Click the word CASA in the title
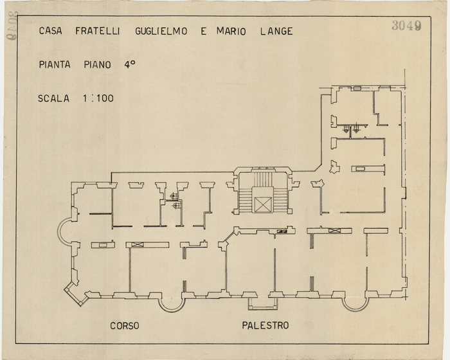coord(50,31)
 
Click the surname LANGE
coord(276,31)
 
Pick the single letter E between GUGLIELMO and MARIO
coord(204,31)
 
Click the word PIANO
coord(98,65)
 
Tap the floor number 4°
coord(130,64)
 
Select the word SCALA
coord(54,99)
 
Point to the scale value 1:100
coord(98,99)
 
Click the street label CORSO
coord(124,326)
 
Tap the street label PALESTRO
coord(265,326)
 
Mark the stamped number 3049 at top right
coord(406,26)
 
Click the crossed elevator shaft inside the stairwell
coord(262,204)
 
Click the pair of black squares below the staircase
coord(281,230)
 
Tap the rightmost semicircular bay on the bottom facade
coord(354,301)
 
